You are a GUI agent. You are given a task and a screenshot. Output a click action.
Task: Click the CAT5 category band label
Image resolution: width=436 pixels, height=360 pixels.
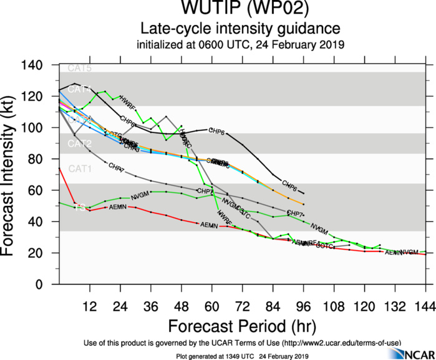coord(79,68)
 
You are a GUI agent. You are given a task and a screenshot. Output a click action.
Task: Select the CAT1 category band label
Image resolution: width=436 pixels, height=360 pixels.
coord(79,168)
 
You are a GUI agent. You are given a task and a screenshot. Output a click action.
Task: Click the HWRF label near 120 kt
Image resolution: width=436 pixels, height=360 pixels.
coord(127,99)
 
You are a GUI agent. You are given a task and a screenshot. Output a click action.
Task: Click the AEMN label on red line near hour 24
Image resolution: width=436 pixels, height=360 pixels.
coord(118,207)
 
